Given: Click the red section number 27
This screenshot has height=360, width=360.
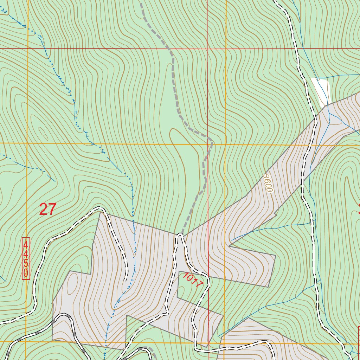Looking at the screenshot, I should coord(47,210).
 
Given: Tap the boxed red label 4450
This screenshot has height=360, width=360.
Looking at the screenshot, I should coord(26,258).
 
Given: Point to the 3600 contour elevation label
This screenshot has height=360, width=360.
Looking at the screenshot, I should coord(268,183).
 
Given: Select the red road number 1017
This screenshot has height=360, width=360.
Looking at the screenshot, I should coord(192,280).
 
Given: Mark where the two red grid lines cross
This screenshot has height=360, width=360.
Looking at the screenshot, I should coord(208,48).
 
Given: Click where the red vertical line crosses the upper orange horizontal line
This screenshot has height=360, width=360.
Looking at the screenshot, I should coord(208,144).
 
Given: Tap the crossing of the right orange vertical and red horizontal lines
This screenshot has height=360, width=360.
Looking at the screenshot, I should coord(225,48).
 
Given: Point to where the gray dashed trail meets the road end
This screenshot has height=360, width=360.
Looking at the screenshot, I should coord(180,234).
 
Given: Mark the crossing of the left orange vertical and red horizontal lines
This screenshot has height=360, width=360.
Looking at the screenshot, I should coord(27,48).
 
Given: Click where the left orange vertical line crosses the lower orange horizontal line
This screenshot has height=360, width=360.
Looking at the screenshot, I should coord(26,341).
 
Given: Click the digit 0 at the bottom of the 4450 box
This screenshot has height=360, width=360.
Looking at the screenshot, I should coord(26,273).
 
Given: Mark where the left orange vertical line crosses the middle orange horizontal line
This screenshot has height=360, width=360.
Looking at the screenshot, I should coord(27,143).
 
